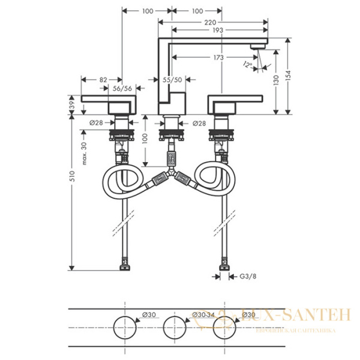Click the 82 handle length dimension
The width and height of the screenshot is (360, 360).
tap(103, 79)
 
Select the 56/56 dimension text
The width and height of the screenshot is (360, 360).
tap(123, 89)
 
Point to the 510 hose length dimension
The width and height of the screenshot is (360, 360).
tap(72, 175)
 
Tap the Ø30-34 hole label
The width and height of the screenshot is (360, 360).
tap(202, 315)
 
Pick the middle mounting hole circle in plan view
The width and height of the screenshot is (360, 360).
tap(172, 326)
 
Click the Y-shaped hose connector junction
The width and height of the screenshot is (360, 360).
tap(172, 174)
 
